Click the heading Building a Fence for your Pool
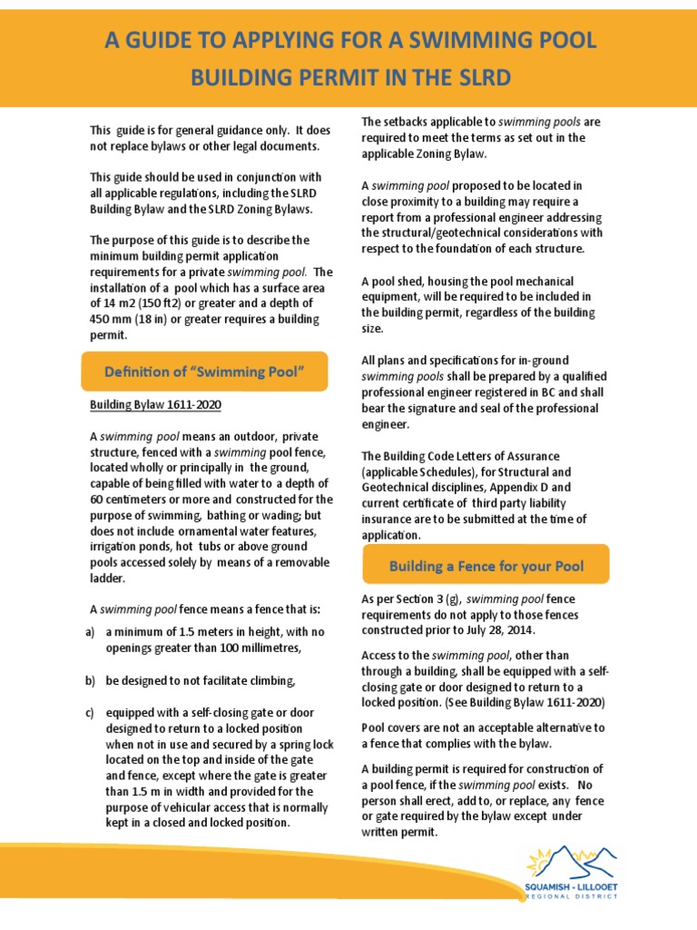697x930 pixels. pos(486,566)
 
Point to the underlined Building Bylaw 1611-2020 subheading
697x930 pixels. pos(155,405)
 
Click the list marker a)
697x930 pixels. pos(91,632)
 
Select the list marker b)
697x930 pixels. pos(91,679)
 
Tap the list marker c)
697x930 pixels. pos(91,712)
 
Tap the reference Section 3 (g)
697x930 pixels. pos(420,599)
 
